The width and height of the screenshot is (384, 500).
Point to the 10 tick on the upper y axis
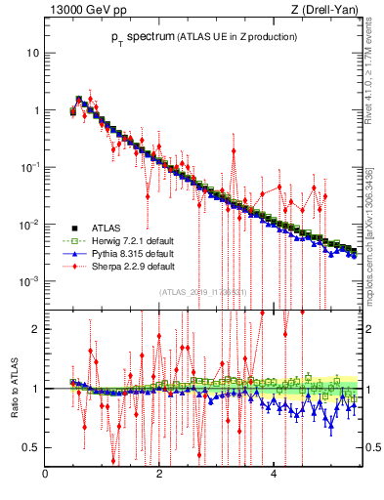tap(33, 53)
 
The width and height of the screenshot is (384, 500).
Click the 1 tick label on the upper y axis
tap(36, 110)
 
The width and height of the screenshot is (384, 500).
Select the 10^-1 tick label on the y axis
tap(31, 167)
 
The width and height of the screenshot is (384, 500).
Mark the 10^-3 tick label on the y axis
tap(31, 281)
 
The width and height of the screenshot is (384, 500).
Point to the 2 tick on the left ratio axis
tap(36, 329)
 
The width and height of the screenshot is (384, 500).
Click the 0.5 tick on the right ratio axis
tap(372, 447)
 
